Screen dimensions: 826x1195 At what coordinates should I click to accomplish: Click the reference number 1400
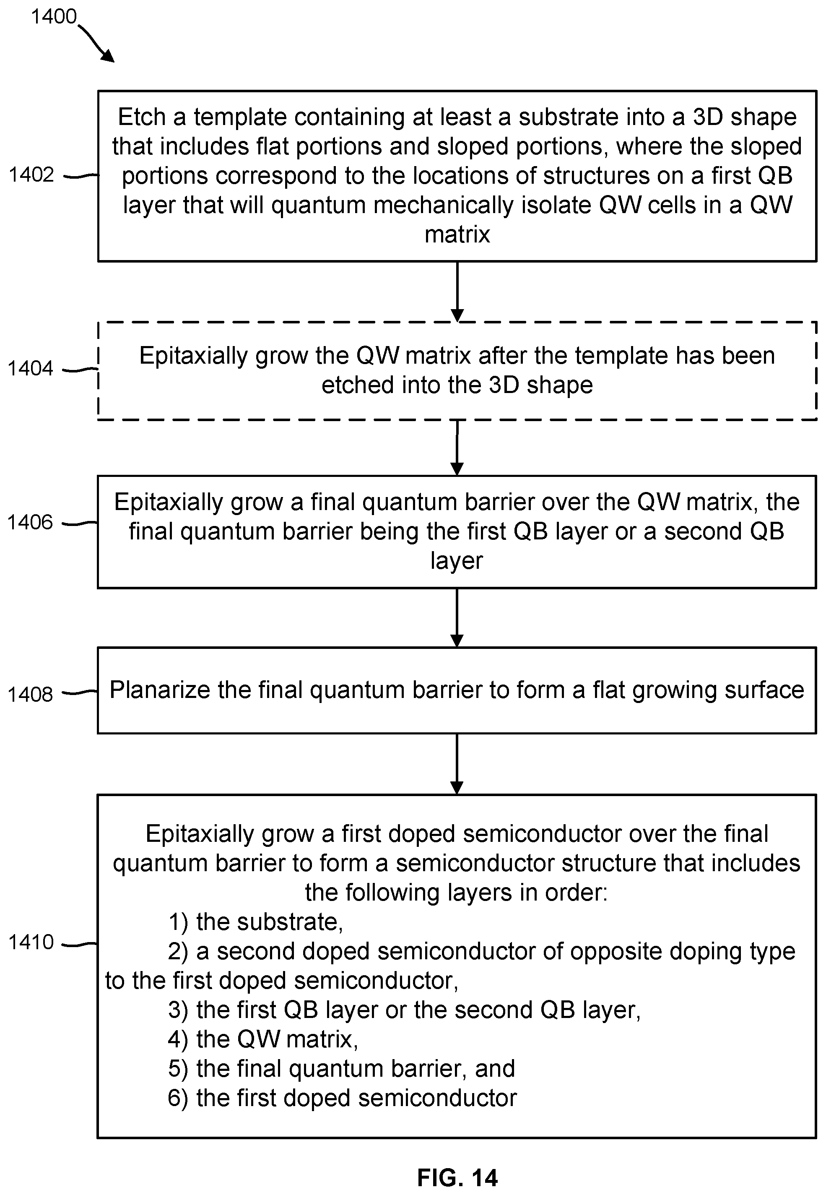point(54,17)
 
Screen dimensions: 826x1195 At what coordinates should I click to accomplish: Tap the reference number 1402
point(31,175)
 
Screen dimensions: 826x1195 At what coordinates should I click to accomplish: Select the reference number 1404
point(31,368)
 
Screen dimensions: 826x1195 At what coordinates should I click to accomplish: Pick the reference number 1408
point(30,694)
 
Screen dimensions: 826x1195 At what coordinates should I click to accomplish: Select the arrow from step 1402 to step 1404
point(457,292)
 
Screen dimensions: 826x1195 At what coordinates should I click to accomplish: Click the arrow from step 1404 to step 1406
point(457,448)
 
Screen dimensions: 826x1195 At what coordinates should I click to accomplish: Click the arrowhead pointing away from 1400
point(108,55)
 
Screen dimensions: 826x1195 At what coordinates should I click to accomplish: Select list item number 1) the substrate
point(256,922)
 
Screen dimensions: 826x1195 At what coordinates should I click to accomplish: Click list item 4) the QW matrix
point(263,1039)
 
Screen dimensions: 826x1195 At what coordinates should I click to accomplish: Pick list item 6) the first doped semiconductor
point(343,1098)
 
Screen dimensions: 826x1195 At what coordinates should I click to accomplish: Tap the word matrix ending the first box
point(457,234)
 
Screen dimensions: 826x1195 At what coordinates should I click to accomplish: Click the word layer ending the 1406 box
point(457,561)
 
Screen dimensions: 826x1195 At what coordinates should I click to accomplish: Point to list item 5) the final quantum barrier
point(342,1069)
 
